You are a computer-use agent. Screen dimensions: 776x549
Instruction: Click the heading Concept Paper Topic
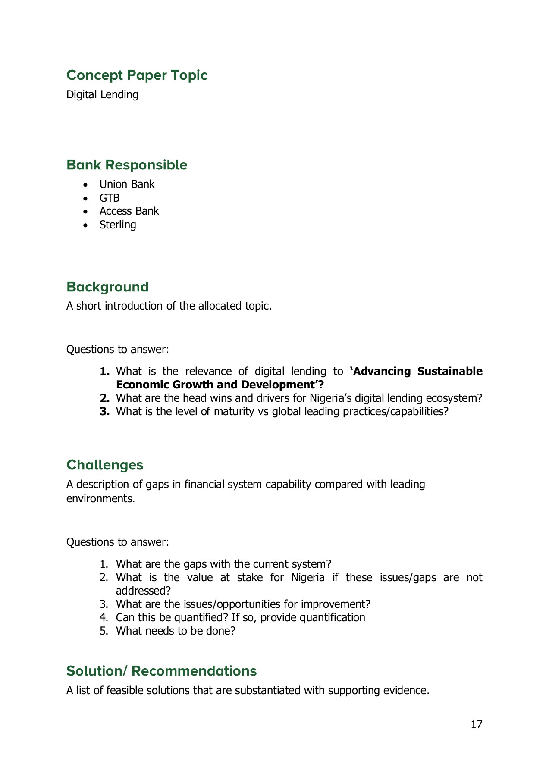tap(137, 75)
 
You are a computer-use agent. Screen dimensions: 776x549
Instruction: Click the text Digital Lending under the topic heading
tap(102, 95)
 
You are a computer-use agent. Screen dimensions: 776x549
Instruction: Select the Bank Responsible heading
tap(127, 165)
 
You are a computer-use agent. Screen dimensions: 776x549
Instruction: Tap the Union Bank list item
tap(127, 185)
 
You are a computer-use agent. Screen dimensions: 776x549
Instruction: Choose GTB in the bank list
tap(110, 198)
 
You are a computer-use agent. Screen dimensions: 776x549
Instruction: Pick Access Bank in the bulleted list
tap(129, 211)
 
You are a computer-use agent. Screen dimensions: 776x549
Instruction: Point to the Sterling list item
tap(118, 225)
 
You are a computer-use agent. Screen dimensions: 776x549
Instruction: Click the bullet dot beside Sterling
tap(87, 225)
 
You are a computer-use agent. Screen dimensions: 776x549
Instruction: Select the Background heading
tap(107, 287)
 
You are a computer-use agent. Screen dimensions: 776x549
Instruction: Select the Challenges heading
tap(105, 465)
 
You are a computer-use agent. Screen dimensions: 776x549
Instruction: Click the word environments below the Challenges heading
tap(100, 499)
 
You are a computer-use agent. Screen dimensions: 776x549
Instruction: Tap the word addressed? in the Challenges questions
tap(143, 591)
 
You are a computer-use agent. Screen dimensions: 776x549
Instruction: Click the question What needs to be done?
tap(176, 631)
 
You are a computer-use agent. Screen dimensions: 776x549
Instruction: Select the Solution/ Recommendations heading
tap(161, 671)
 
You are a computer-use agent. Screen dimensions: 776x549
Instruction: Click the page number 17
tap(476, 724)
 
